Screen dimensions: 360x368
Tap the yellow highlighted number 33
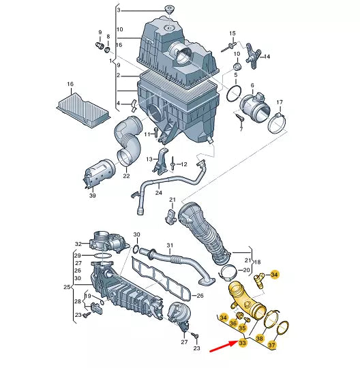click(x=242, y=343)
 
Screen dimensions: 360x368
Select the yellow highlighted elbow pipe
click(x=247, y=300)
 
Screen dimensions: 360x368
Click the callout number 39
click(x=93, y=196)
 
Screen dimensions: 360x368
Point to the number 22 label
click(x=126, y=176)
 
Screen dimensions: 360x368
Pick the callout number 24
click(x=159, y=193)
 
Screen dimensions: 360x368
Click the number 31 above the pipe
click(x=170, y=245)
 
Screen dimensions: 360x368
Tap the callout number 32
click(x=78, y=244)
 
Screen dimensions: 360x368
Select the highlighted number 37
click(x=271, y=345)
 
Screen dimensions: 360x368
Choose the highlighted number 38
click(x=260, y=339)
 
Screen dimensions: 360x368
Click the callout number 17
click(x=280, y=102)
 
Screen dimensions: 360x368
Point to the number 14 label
click(x=267, y=57)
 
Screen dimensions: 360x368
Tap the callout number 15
click(x=232, y=33)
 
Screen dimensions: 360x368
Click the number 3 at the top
click(x=119, y=10)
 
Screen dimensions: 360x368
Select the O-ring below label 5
click(x=234, y=93)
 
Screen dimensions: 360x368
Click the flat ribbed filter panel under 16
click(x=82, y=110)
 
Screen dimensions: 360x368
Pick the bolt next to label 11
click(x=155, y=133)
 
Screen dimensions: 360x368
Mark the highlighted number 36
click(x=233, y=324)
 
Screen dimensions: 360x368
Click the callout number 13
click(x=149, y=159)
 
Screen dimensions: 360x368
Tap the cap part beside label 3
click(x=169, y=10)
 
